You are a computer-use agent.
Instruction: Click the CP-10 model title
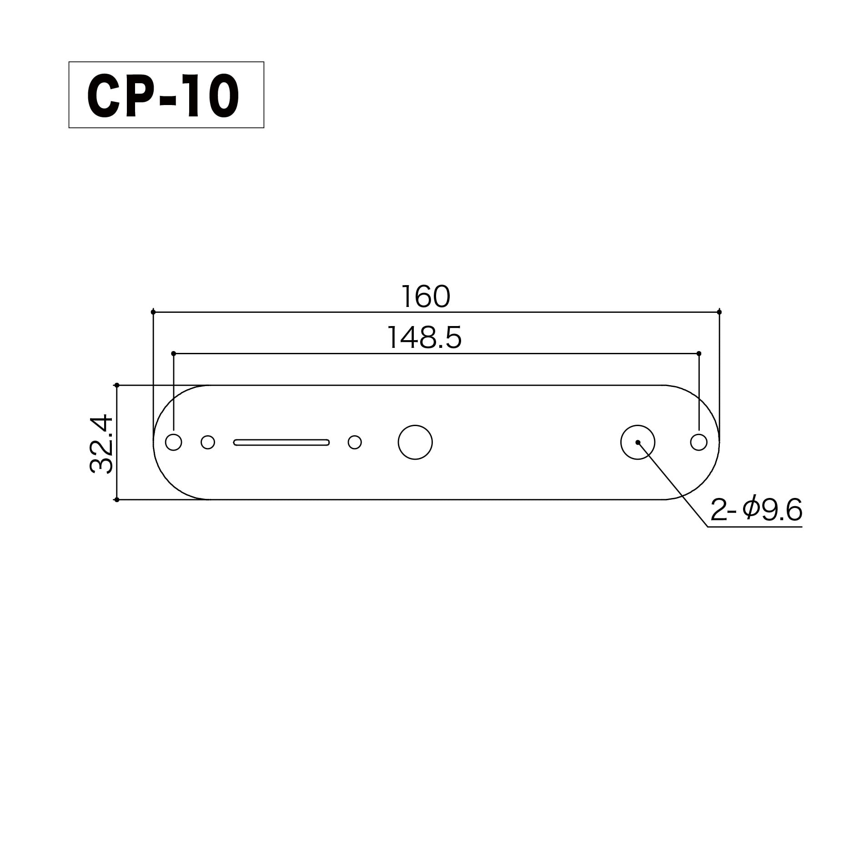(x=163, y=95)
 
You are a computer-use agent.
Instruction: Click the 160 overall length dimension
(x=426, y=296)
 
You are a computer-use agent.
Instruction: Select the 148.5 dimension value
(x=424, y=338)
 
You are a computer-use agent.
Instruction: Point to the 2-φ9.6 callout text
(x=756, y=510)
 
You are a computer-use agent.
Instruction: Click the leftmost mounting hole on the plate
(x=173, y=442)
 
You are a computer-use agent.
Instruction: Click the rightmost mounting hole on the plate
(x=698, y=442)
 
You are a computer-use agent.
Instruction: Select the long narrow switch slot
(x=281, y=442)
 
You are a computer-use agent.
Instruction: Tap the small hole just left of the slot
(x=208, y=442)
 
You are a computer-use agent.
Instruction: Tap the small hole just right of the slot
(x=355, y=442)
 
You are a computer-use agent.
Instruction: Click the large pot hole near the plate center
(x=415, y=442)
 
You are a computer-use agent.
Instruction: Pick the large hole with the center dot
(x=638, y=442)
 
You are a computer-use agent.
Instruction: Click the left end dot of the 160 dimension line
(x=153, y=312)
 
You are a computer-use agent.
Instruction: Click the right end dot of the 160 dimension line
(x=719, y=312)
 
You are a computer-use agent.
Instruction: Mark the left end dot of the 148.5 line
(x=173, y=353)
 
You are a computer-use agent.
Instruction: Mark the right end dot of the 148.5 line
(x=699, y=353)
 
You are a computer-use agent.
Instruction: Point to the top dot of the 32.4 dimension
(x=117, y=385)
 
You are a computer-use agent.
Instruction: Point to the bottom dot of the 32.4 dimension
(x=117, y=499)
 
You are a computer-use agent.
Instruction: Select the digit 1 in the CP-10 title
(x=192, y=95)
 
